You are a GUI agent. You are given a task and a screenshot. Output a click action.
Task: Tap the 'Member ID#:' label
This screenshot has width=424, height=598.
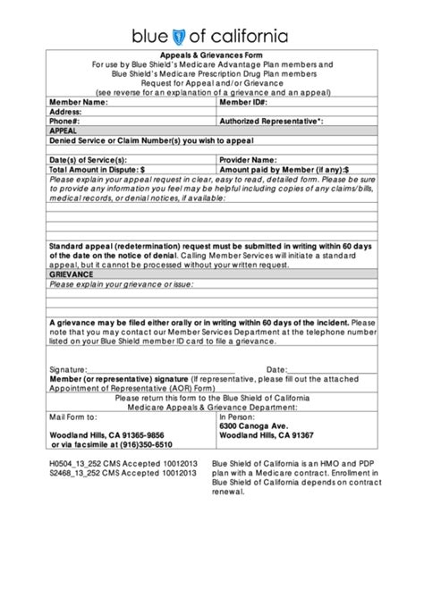point(242,103)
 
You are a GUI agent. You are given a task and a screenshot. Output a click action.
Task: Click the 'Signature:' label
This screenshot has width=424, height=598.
point(68,368)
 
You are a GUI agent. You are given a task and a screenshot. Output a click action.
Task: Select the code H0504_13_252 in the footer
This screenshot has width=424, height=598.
point(77,465)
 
